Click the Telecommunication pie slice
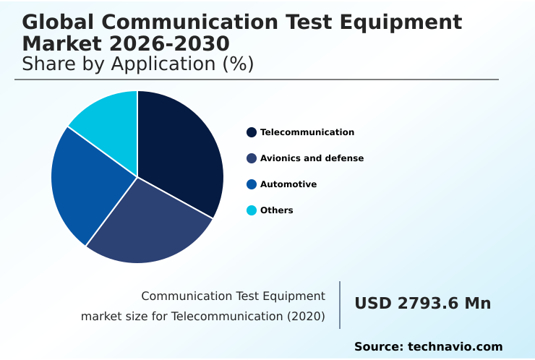pos(181,152)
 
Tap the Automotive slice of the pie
pos(87,184)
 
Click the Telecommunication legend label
pos(307,132)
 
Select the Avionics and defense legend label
pos(312,158)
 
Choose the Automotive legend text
pos(288,184)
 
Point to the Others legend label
pos(277,210)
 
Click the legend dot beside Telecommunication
pos(252,132)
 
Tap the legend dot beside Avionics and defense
pos(252,158)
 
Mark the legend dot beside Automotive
pos(252,184)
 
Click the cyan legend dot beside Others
pos(252,210)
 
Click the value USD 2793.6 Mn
pos(422,304)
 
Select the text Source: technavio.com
pos(428,347)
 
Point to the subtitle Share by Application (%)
pos(137,64)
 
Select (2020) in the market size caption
pos(308,316)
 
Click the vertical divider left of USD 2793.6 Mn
pos(340,305)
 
